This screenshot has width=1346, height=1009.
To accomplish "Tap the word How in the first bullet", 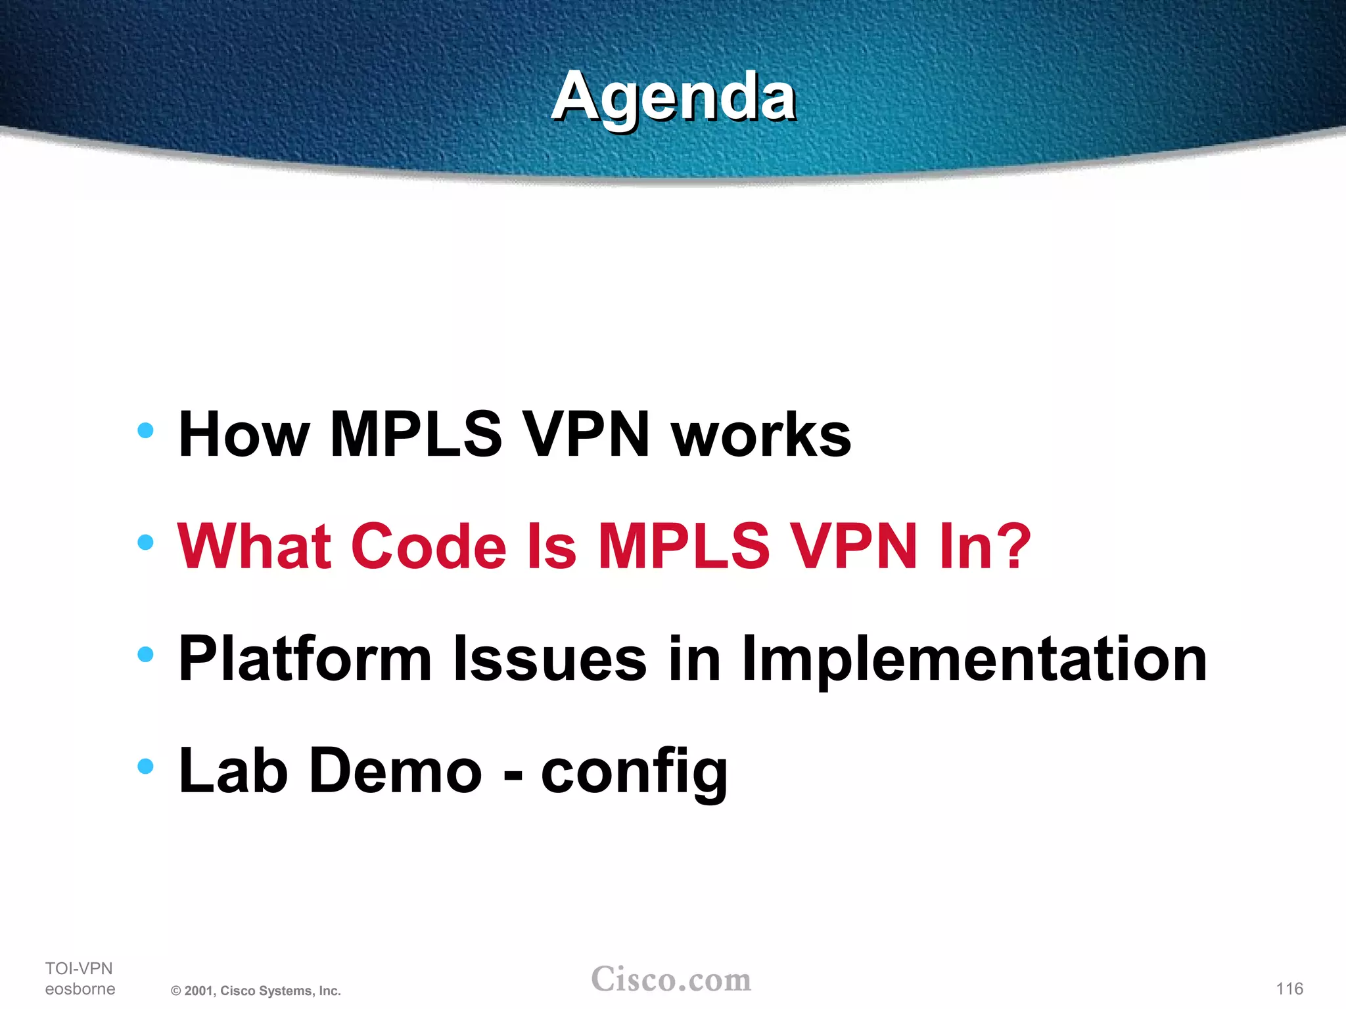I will pos(244,435).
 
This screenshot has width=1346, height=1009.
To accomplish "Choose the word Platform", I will pos(305,659).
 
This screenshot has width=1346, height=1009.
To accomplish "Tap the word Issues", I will pos(550,659).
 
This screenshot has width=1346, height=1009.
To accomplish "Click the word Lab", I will pos(233,771).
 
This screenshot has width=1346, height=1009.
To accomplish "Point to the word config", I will pos(634,773).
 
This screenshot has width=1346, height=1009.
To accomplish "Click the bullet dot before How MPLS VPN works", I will pos(145,431).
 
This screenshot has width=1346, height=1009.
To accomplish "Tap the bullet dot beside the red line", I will pos(145,543).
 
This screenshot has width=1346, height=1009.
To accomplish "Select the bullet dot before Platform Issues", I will pos(145,654).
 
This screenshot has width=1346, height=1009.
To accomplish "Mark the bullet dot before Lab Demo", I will pos(145,766).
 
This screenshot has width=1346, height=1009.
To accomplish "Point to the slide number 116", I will pos(1289,989).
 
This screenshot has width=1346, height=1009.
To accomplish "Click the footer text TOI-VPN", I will pos(79,968).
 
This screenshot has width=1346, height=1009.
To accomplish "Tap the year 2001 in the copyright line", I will pos(198,991).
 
